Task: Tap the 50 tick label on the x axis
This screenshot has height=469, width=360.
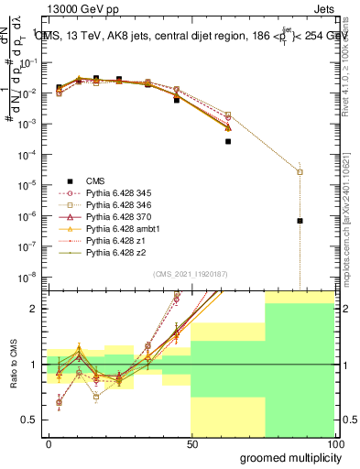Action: click(191, 442)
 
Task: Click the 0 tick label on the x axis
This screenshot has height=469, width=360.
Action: click(49, 442)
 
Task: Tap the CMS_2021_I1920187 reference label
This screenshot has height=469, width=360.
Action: click(190, 274)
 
